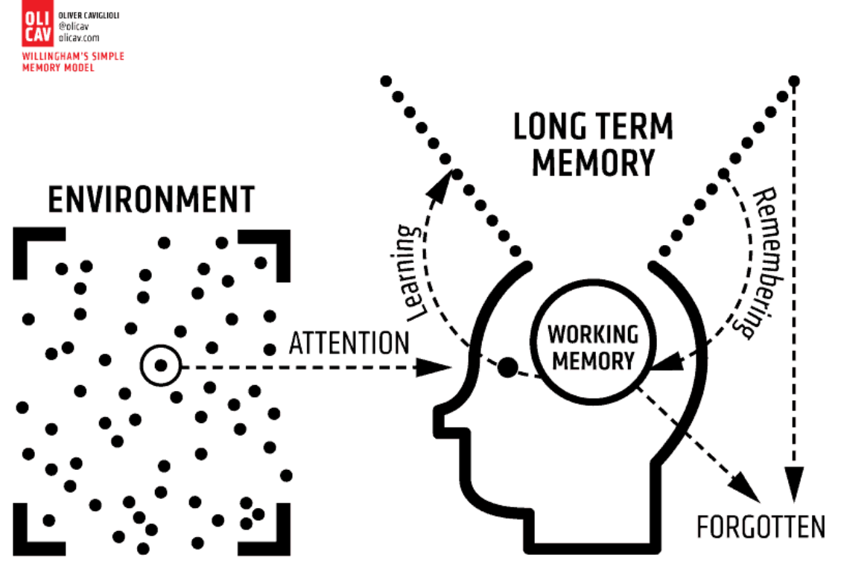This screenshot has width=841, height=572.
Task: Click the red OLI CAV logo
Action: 37,23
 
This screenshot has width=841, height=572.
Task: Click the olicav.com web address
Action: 79,38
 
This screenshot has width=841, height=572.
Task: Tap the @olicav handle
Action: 74,26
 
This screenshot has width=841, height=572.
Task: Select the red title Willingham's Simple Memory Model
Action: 73,62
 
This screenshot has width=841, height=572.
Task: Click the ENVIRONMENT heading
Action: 151,200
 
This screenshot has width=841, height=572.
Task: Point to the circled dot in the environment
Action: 160,366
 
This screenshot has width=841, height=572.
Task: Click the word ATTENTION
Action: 349,343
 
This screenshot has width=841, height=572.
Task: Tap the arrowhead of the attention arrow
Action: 434,367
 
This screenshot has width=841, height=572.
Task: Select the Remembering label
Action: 765,263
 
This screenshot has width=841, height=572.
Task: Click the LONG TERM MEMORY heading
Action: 593,144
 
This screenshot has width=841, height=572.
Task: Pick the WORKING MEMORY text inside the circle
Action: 593,347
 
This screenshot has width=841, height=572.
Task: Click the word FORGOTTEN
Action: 761,527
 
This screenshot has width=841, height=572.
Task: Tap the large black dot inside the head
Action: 507,367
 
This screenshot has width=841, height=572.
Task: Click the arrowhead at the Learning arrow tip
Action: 442,185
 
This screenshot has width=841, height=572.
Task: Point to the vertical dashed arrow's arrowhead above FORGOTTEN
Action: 794,483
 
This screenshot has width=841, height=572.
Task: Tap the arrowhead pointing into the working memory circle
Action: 666,362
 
